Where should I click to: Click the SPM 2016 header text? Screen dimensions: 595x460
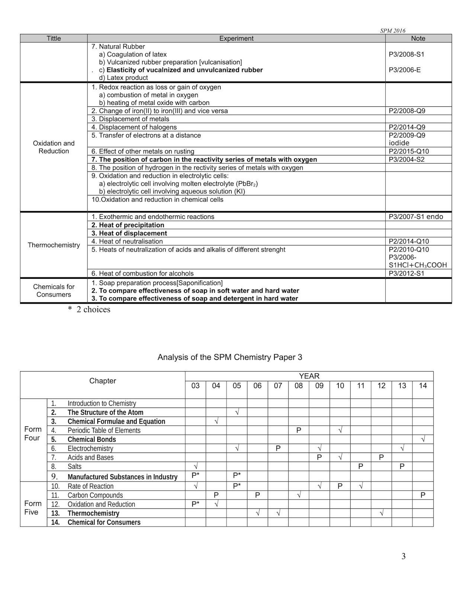click(392, 31)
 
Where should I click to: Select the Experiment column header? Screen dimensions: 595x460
click(236, 38)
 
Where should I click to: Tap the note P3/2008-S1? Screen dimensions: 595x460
click(406, 54)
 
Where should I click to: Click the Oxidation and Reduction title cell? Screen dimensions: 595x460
click(54, 147)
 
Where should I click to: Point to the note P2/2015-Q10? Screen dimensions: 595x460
click(409, 151)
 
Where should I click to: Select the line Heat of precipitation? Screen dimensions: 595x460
click(128, 225)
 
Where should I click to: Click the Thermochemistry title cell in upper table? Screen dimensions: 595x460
click(54, 245)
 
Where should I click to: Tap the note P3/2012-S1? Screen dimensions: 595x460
click(406, 273)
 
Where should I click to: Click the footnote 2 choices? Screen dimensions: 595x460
click(89, 309)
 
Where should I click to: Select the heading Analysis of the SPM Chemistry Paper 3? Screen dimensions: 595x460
click(229, 357)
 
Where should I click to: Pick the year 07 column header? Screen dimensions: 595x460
click(278, 386)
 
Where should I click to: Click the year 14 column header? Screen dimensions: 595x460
click(423, 386)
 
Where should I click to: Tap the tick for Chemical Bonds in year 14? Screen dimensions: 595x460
click(423, 440)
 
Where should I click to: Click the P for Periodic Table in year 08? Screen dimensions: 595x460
click(299, 430)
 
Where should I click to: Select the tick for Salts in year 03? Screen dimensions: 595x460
click(196, 466)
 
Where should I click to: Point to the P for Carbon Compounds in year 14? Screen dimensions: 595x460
click(423, 495)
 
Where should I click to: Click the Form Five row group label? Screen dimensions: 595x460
click(33, 508)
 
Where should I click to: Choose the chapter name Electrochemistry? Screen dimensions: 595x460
click(90, 448)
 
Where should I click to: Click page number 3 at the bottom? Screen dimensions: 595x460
click(403, 556)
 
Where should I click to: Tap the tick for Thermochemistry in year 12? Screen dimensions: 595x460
click(382, 513)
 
